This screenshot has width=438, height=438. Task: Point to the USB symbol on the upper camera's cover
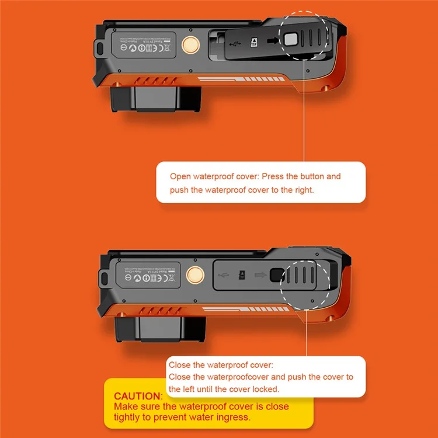pyautogui.click(x=234, y=42)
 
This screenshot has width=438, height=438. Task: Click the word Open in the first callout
pyautogui.click(x=180, y=176)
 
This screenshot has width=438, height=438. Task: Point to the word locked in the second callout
pyautogui.click(x=265, y=388)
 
